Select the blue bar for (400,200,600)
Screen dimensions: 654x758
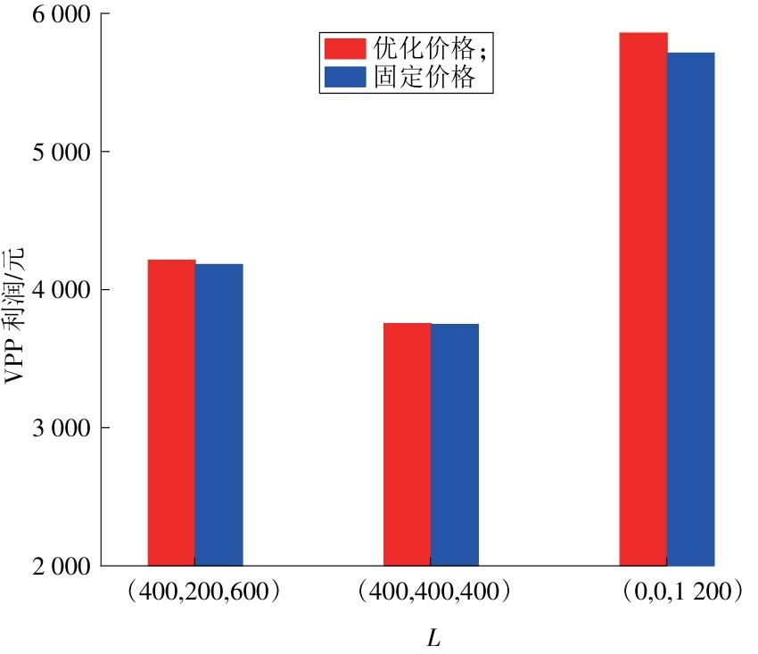coord(219,414)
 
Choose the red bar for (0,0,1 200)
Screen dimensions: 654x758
coord(643,299)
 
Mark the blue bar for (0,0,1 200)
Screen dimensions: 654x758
coord(691,309)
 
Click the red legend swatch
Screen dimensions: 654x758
coord(344,48)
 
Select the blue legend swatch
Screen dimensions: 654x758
coord(344,78)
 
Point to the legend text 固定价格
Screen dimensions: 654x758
coord(420,78)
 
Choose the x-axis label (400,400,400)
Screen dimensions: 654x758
coord(432,592)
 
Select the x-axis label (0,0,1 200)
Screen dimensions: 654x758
coord(668,592)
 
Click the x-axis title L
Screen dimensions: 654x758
coord(433,639)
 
